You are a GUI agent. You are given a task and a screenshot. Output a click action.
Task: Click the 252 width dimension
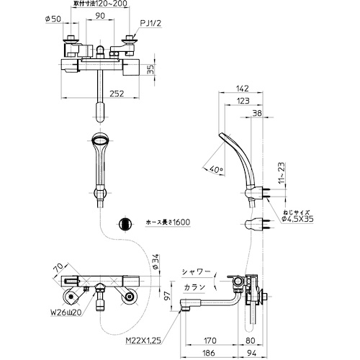pos(117,94)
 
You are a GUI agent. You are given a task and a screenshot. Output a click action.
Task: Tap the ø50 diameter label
pos(53,19)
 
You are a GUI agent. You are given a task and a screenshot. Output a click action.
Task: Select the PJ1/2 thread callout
pos(151,23)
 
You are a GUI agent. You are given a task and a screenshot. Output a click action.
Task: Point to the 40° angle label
pos(216,170)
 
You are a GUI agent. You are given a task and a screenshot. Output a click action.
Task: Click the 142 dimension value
pos(243,89)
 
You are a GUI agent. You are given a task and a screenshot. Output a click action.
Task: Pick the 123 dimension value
pos(243,101)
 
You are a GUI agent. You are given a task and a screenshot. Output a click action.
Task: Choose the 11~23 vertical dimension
pos(283,173)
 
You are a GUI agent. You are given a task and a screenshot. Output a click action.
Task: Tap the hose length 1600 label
pos(168,222)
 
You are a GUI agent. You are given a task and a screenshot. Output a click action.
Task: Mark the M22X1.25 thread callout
pos(143,341)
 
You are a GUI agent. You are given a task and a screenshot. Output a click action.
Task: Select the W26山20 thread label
pos(66,312)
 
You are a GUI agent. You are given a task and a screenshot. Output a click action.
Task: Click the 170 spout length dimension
pos(210,341)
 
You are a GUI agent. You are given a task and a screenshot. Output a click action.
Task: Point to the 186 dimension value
pos(209,353)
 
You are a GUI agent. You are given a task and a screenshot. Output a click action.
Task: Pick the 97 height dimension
pos(168,296)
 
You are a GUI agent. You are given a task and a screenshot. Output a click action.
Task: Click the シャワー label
pos(196,272)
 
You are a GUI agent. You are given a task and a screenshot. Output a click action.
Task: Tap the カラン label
pos(194,287)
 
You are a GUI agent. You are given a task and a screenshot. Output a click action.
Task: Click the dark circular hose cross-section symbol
pos(125,224)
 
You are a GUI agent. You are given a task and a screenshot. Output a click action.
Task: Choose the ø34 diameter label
pos(156,261)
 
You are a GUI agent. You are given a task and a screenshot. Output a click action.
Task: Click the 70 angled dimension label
pos(59,268)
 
